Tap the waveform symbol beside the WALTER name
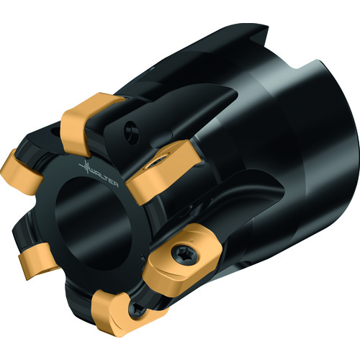pos(84,166)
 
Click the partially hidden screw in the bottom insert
pos(138,309)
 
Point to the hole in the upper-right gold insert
pos(158,162)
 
